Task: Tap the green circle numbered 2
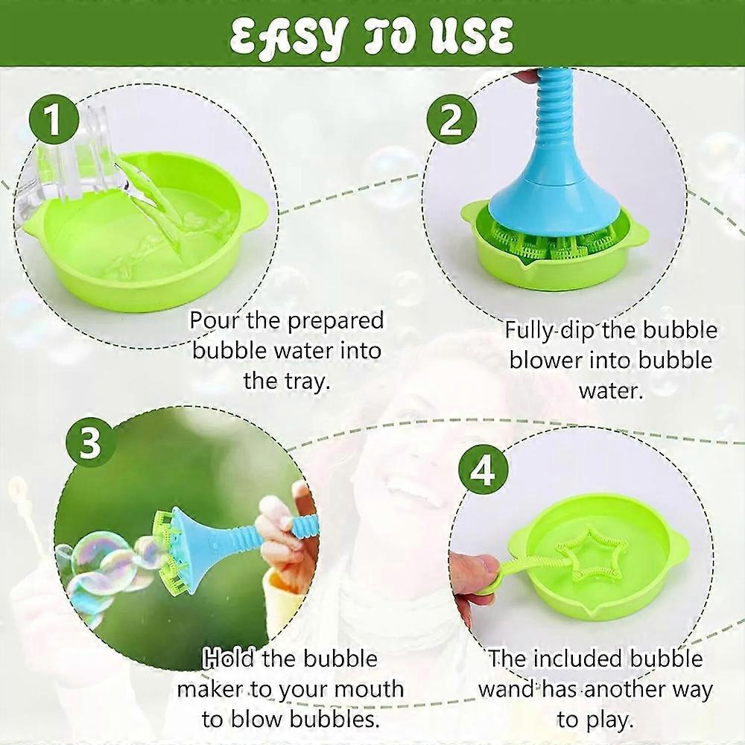coord(451,121)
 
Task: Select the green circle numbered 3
coord(90,445)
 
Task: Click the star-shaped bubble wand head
coord(589,556)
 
